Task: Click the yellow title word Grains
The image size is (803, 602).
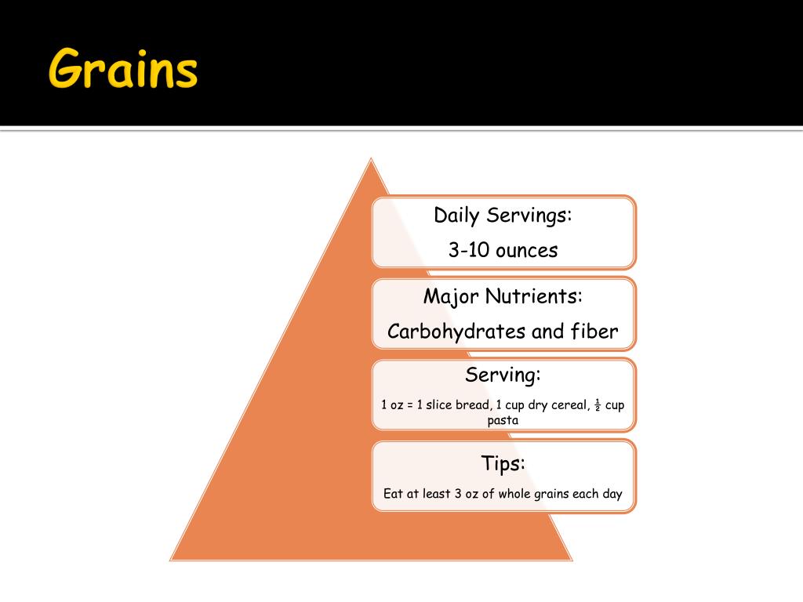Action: pyautogui.click(x=123, y=69)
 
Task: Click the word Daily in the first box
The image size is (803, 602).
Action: pyautogui.click(x=457, y=216)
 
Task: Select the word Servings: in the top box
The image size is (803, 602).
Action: pyautogui.click(x=529, y=216)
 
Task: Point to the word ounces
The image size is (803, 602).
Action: pyautogui.click(x=526, y=251)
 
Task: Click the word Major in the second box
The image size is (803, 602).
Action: pyautogui.click(x=451, y=297)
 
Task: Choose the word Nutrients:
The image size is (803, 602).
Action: pyautogui.click(x=534, y=297)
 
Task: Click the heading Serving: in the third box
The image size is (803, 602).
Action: pyautogui.click(x=503, y=375)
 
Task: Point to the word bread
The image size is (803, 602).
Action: pyautogui.click(x=473, y=405)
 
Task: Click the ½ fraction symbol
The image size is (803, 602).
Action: pyautogui.click(x=597, y=405)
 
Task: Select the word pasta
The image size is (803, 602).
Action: pyautogui.click(x=503, y=420)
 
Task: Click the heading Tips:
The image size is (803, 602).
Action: pyautogui.click(x=503, y=463)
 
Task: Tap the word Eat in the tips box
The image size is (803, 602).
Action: pyautogui.click(x=392, y=494)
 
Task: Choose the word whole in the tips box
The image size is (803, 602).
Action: pyautogui.click(x=514, y=494)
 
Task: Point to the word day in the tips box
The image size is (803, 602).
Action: pyautogui.click(x=612, y=494)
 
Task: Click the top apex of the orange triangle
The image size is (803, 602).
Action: pyautogui.click(x=371, y=160)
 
